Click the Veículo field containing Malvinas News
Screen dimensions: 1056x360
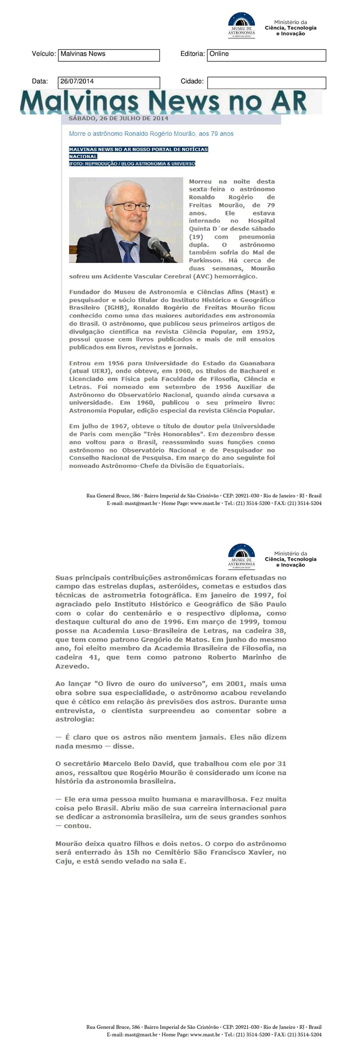(x=108, y=55)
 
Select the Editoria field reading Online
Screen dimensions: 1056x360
(x=266, y=55)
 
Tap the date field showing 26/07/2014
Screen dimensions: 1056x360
(x=108, y=82)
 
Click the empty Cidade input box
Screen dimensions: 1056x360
(x=266, y=83)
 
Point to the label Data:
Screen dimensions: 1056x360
(x=40, y=81)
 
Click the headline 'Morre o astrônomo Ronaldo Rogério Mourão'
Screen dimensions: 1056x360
(x=151, y=134)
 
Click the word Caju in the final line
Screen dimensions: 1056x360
(x=63, y=861)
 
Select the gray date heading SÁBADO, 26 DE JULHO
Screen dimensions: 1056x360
(x=118, y=119)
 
